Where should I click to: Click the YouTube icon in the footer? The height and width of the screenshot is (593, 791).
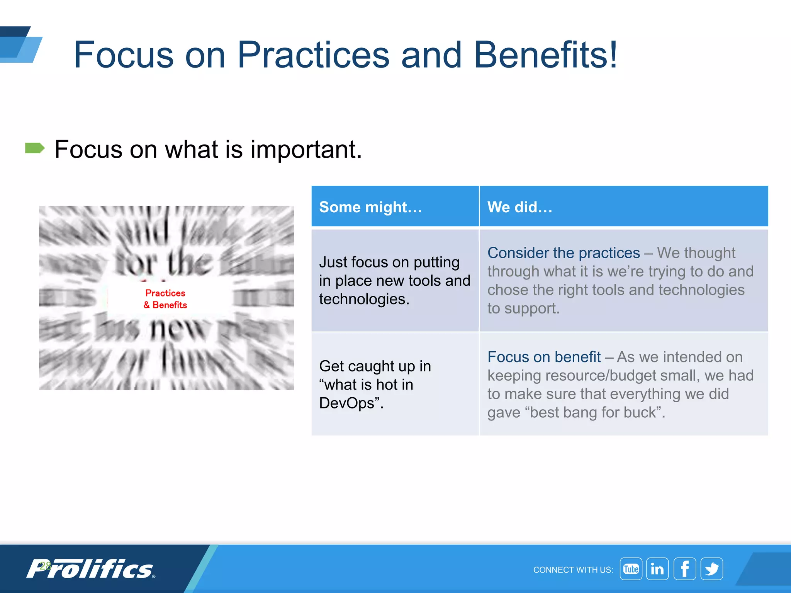pos(631,569)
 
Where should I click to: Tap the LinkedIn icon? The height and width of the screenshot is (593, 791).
pos(657,569)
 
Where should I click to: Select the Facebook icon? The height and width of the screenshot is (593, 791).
pos(684,569)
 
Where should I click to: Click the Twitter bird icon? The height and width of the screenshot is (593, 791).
pos(711,569)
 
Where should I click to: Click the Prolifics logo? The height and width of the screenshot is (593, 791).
pos(91,569)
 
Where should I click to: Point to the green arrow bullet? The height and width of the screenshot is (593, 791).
pos(35,148)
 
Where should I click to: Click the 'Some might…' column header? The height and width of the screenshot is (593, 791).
pos(370,207)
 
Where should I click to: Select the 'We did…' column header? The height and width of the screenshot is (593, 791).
pos(520,207)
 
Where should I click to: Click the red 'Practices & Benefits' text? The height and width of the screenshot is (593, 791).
pos(165,299)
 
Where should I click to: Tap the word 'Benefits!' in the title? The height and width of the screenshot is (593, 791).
pos(545,55)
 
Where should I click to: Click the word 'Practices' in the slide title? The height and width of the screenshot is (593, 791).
pos(313,55)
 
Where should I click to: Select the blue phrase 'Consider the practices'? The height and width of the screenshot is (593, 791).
pos(564,253)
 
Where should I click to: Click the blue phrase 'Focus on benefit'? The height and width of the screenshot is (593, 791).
pos(544,357)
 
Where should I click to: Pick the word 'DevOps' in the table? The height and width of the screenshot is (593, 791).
pos(346,403)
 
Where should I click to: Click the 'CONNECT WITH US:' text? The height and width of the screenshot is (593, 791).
pos(573,570)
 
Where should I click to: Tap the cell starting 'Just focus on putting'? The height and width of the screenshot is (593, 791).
pos(394,280)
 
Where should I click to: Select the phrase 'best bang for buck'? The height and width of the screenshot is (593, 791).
pos(593,412)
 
